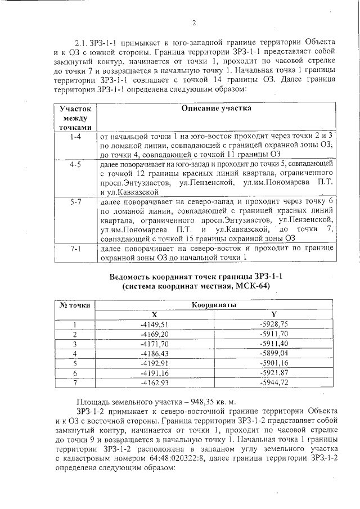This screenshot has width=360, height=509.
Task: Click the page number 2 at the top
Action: (x=194, y=23)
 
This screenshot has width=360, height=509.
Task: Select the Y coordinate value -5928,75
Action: (x=274, y=324)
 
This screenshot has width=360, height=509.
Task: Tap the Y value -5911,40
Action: (x=274, y=343)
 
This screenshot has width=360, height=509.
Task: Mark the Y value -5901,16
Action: (x=274, y=363)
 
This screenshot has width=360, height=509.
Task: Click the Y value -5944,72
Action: (x=274, y=382)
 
